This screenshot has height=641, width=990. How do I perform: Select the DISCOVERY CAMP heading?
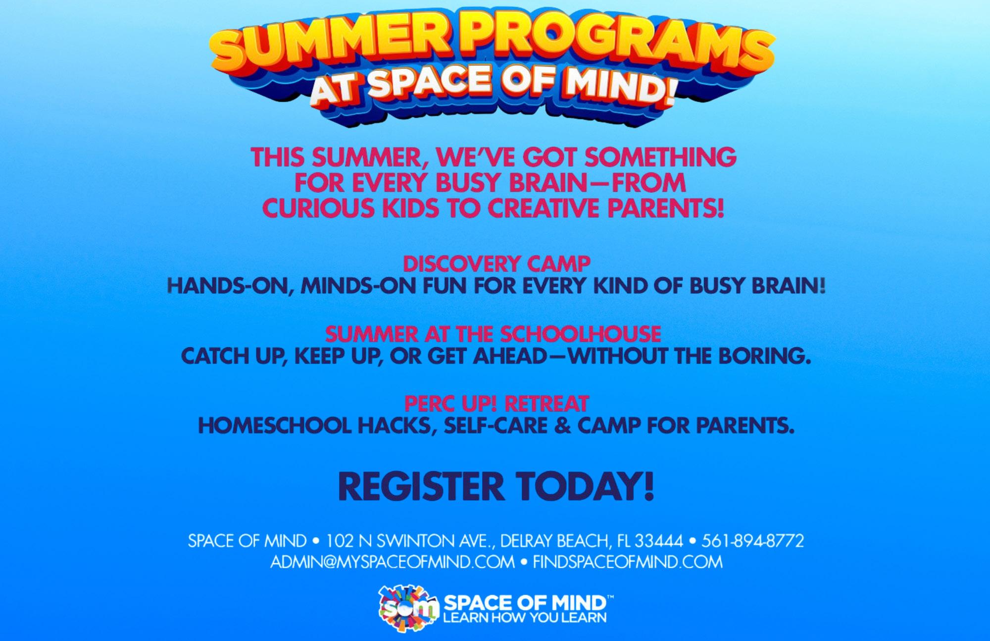496,264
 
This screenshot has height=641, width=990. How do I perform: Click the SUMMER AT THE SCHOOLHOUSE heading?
493,334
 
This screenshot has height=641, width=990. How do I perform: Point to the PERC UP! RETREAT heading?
496,404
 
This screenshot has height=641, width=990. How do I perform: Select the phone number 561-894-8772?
752,540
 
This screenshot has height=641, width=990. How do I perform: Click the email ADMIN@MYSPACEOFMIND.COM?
393,562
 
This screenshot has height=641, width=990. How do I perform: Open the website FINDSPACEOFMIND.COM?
628,562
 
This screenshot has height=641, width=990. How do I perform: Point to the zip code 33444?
659,540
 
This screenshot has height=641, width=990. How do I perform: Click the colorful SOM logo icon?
408,609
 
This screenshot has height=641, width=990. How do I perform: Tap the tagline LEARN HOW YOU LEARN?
525,618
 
